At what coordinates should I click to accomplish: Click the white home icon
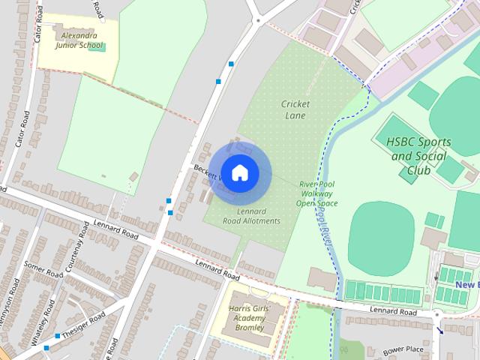coord(239,172)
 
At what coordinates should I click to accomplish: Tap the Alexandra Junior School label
coord(78,40)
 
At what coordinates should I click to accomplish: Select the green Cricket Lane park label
coord(296,109)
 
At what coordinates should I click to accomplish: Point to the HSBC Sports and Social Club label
coord(417,156)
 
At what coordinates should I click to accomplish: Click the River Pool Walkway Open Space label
coord(317,193)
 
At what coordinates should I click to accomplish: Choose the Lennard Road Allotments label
coord(253,216)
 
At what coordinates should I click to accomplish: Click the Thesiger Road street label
coord(83,325)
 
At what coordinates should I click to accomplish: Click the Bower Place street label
coord(403,349)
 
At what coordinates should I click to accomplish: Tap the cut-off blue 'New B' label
coord(466,285)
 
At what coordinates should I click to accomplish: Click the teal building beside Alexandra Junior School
coord(103,48)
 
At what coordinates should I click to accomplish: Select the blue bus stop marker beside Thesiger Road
coord(47,347)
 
